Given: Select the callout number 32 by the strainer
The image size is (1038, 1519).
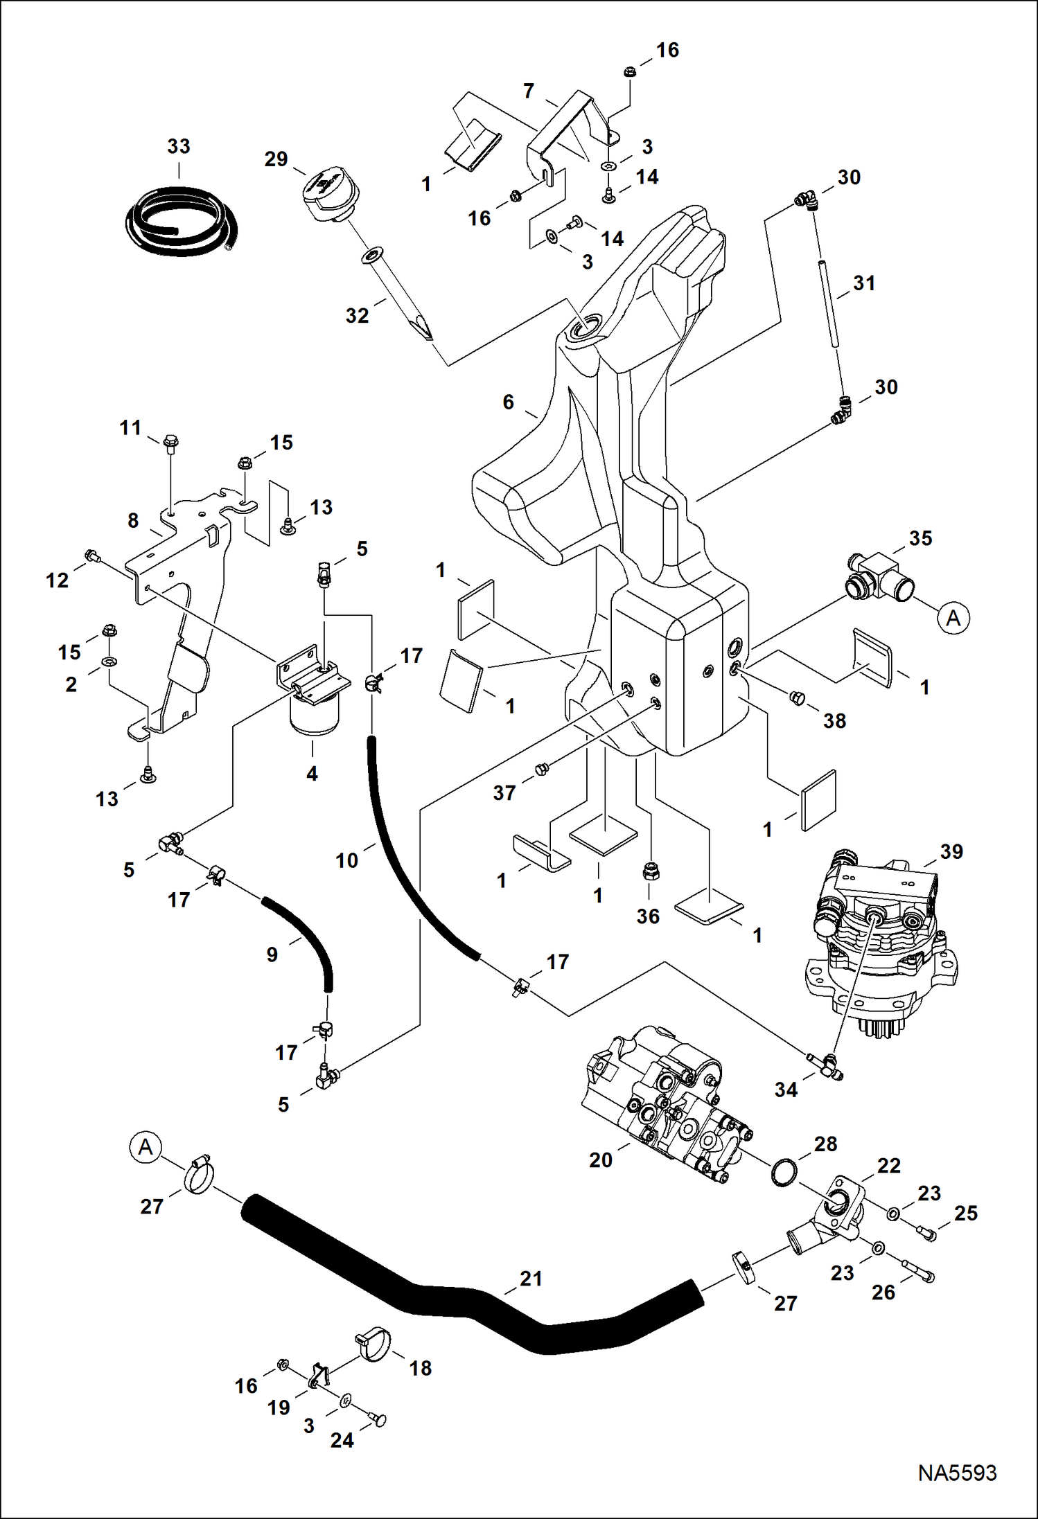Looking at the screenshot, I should pyautogui.click(x=357, y=316).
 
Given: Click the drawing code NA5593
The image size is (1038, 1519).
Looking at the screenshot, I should pyautogui.click(x=957, y=1473).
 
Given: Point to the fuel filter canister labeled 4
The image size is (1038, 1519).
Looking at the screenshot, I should pyautogui.click(x=313, y=714).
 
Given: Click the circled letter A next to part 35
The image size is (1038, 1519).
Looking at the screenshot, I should pyautogui.click(x=953, y=617).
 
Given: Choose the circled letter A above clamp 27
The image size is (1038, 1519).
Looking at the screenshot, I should pyautogui.click(x=145, y=1147).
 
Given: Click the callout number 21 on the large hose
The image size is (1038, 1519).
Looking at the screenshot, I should pyautogui.click(x=531, y=1279).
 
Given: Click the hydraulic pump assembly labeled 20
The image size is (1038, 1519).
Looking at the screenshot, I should pyautogui.click(x=665, y=1105).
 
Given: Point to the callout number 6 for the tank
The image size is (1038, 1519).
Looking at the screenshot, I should pyautogui.click(x=509, y=402).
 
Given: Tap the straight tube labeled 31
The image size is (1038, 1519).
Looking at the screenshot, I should pyautogui.click(x=829, y=303).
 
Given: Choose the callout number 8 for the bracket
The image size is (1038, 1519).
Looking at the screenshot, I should pyautogui.click(x=133, y=520).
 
